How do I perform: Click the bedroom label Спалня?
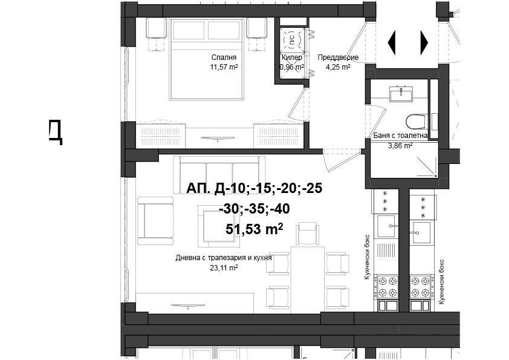click(224, 57)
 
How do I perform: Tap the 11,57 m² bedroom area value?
click(224, 67)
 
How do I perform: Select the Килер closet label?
click(292, 57)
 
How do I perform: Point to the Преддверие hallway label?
click(338, 57)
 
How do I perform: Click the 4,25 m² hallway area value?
click(338, 67)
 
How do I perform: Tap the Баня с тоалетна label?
click(400, 136)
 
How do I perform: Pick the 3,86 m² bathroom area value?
click(400, 146)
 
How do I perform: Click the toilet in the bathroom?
click(415, 122)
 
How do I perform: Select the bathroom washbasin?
click(401, 94)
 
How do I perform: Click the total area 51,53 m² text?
click(254, 229)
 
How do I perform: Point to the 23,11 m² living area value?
click(224, 268)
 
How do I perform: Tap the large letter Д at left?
click(56, 131)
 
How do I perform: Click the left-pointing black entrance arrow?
click(392, 42)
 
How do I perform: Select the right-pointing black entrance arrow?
click(424, 42)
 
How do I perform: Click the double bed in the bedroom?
click(206, 59)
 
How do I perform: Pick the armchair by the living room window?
click(155, 221)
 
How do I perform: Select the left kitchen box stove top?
click(386, 287)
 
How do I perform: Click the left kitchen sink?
click(386, 226)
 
